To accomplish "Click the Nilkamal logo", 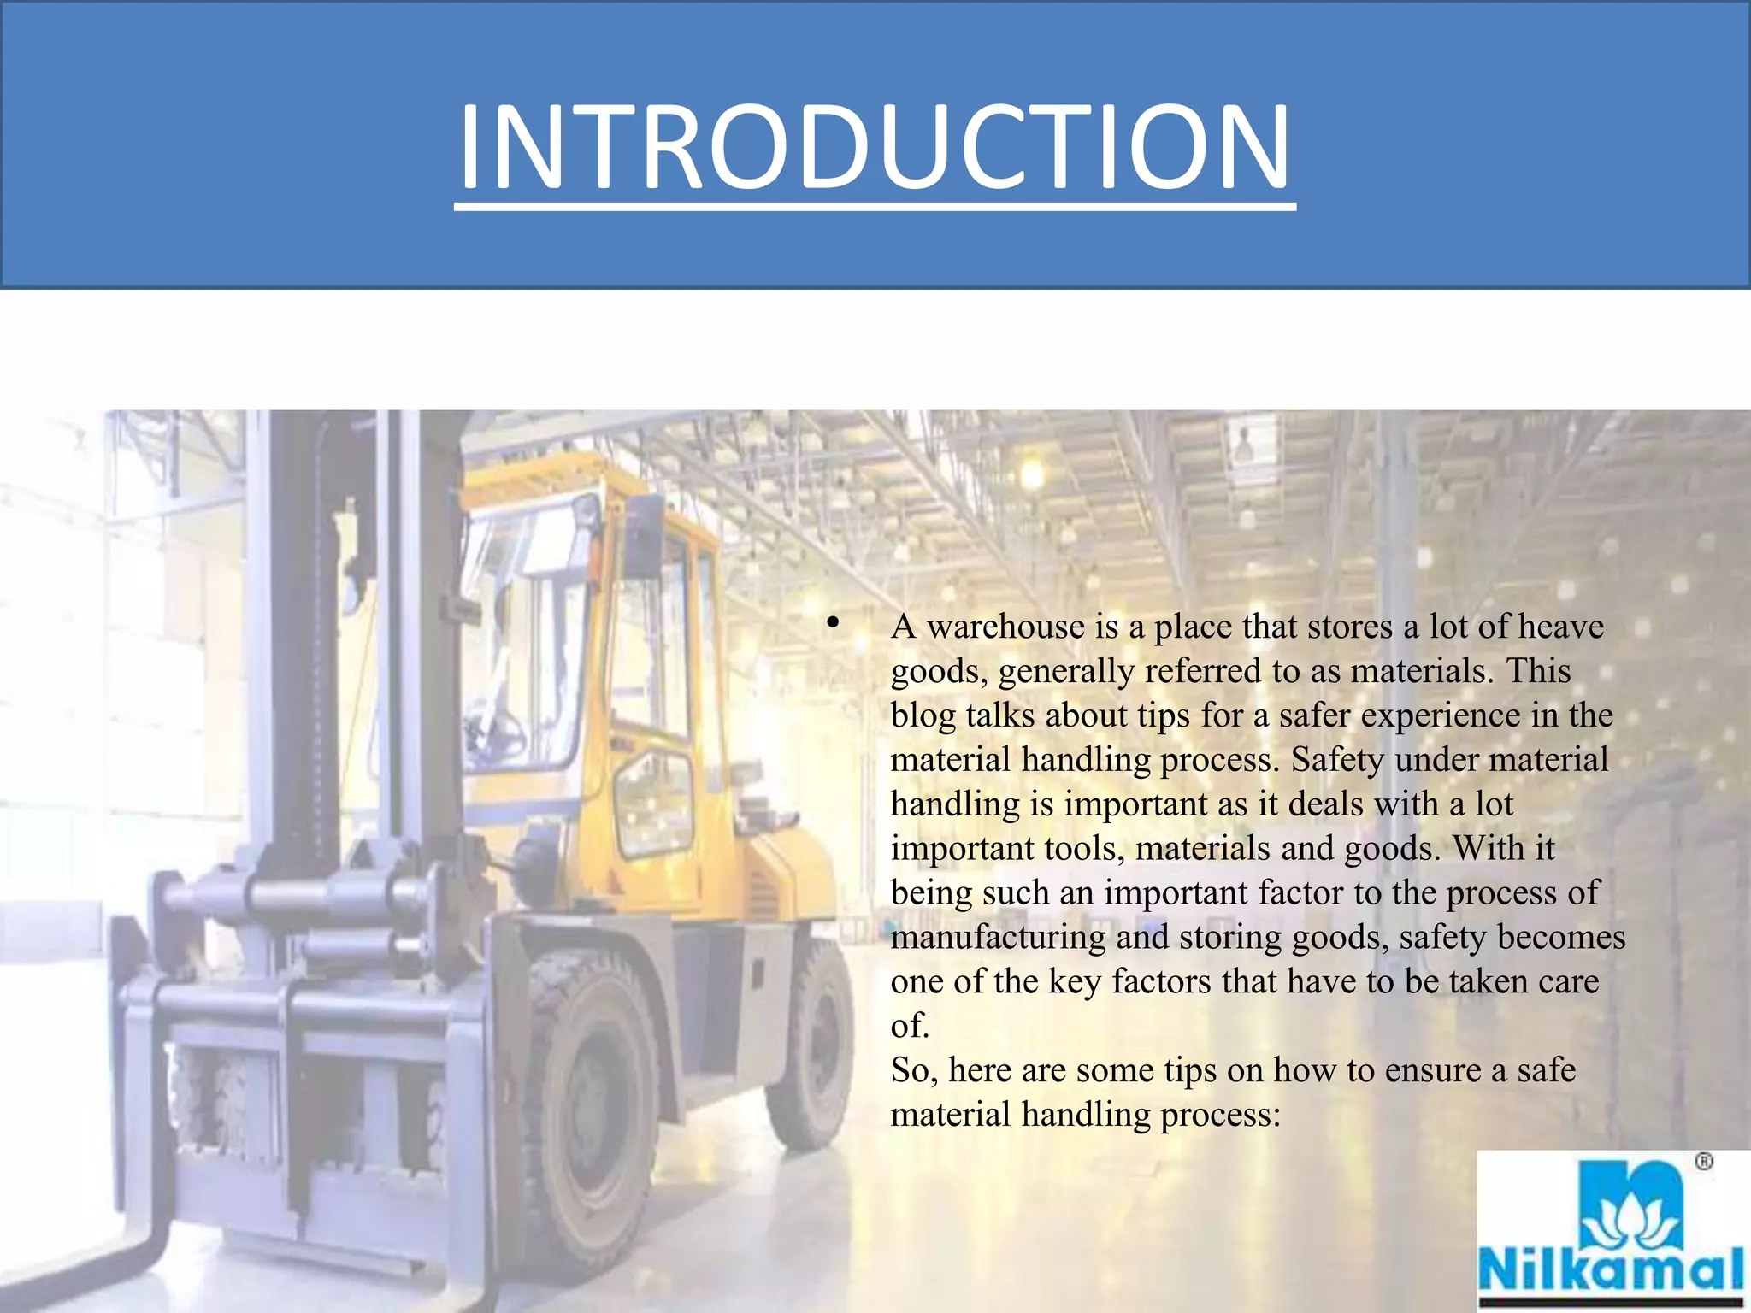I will [x=1612, y=1232].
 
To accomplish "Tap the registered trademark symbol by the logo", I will [x=1704, y=1162].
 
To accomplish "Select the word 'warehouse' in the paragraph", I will [x=1005, y=627].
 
